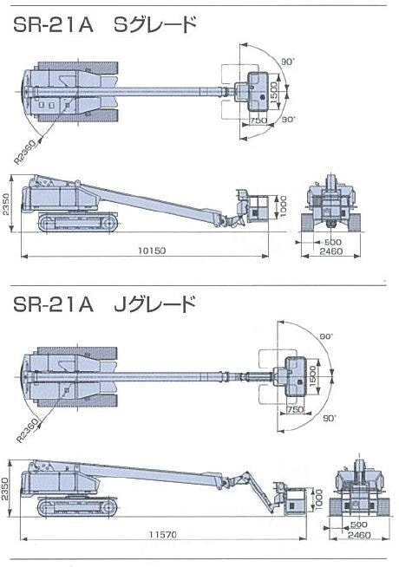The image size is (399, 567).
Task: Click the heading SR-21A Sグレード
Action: point(105,25)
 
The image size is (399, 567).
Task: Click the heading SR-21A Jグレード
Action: point(105,304)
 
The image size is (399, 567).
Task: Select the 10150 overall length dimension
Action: point(152,251)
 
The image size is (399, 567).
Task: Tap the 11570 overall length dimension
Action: point(163,534)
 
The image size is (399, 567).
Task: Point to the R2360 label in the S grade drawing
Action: point(25,153)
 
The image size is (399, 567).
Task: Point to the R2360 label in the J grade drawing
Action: point(28,431)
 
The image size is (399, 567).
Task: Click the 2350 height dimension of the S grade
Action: point(7,205)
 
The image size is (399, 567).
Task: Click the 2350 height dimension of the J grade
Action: point(4,488)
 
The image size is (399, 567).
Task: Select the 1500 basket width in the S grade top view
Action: point(274,92)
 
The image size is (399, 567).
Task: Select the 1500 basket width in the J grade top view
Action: point(313,375)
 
